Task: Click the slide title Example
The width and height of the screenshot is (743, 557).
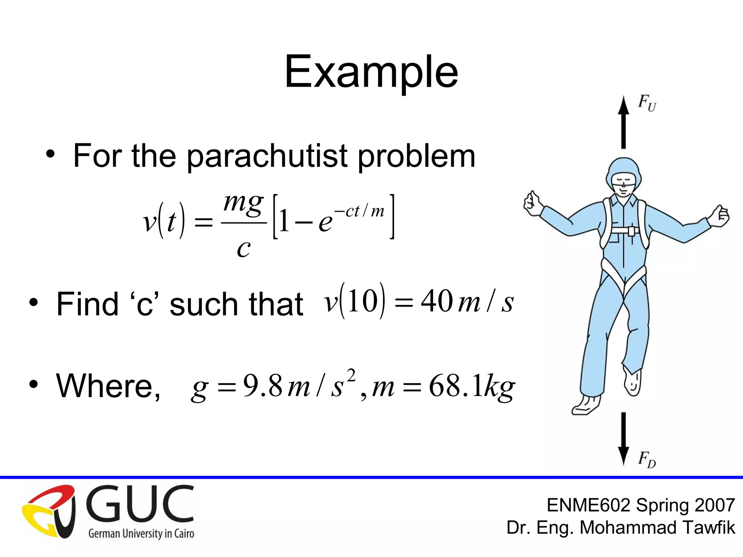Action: coord(371,72)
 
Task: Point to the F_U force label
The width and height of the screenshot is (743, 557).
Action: coord(647,103)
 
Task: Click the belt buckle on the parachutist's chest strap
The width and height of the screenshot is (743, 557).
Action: coord(632,231)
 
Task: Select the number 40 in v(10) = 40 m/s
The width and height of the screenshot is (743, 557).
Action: coord(436,301)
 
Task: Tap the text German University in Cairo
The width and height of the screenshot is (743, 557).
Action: coord(141,533)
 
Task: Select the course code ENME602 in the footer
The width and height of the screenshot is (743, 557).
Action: coord(588,505)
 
